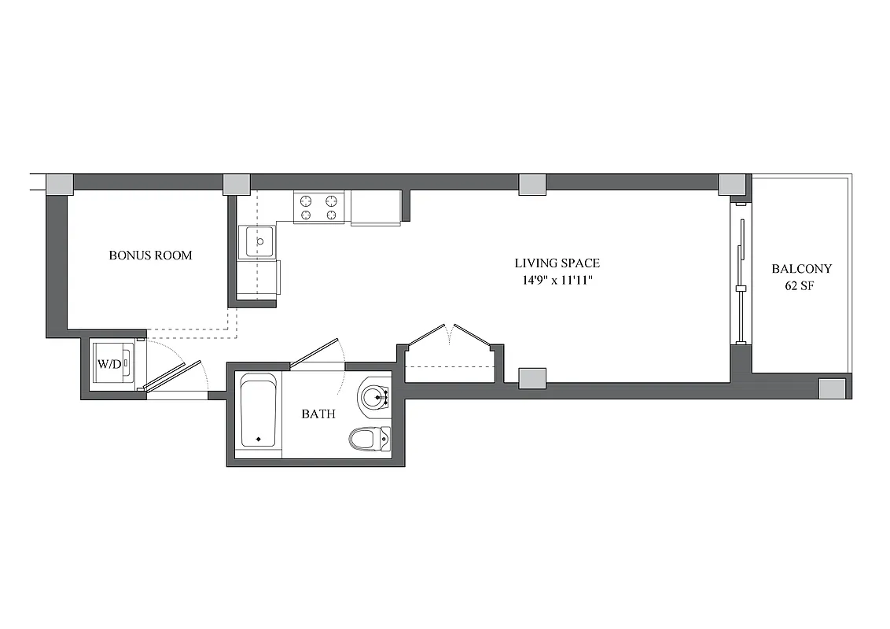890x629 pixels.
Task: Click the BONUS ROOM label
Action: click(x=150, y=256)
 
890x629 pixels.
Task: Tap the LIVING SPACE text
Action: click(x=557, y=263)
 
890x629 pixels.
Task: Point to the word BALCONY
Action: click(x=801, y=269)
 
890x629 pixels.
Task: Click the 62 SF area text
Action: click(x=799, y=286)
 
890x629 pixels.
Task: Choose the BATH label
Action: click(x=318, y=414)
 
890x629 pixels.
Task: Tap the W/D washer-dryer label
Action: click(x=108, y=364)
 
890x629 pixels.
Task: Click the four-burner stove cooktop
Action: click(x=320, y=208)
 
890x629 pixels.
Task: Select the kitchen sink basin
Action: click(x=258, y=241)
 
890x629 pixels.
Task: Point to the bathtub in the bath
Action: click(x=259, y=411)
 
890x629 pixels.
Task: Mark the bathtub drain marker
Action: click(x=258, y=439)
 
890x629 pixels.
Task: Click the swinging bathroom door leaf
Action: click(x=314, y=352)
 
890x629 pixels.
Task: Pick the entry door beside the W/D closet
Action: click(x=169, y=377)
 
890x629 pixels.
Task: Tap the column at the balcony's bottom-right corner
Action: click(x=832, y=388)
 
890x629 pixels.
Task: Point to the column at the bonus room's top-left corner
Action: click(x=60, y=184)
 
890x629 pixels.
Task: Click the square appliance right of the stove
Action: click(x=375, y=208)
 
